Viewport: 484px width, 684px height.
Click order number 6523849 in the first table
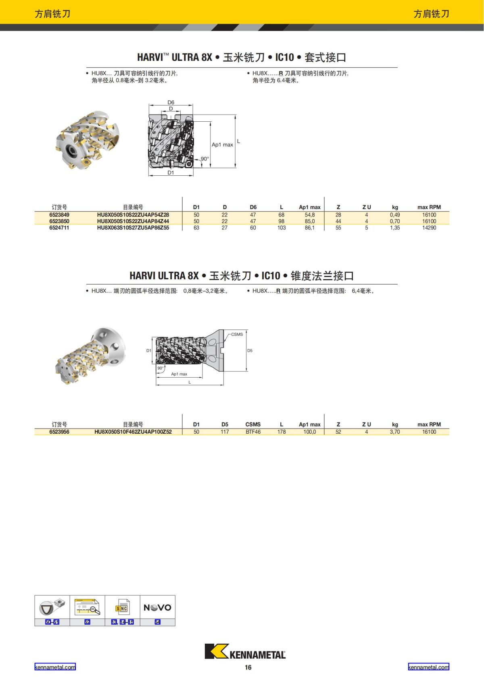tap(59, 215)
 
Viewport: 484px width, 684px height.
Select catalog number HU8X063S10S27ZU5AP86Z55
tap(133, 228)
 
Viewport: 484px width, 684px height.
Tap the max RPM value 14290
tap(429, 228)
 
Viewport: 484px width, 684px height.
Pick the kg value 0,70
tap(395, 221)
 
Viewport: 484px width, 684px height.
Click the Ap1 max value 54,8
tap(309, 215)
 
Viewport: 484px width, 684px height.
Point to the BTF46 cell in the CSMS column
tap(253, 432)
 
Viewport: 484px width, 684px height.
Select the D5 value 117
tap(225, 432)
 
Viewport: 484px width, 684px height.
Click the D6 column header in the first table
tap(253, 207)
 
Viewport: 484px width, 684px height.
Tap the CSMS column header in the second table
tap(253, 424)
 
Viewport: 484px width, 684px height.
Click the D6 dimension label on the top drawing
tap(171, 102)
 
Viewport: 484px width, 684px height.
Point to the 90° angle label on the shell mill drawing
tap(205, 159)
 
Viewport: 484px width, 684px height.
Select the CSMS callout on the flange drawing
tap(237, 335)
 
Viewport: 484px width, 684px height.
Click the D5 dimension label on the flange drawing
tap(250, 351)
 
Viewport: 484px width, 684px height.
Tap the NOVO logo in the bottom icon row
tap(157, 607)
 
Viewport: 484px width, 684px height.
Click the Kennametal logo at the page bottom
tap(245, 651)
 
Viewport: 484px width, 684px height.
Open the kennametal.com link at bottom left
tap(55, 667)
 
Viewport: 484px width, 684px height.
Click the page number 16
tap(248, 667)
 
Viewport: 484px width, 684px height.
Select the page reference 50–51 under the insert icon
tap(52, 622)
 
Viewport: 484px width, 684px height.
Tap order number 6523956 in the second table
tap(59, 432)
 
